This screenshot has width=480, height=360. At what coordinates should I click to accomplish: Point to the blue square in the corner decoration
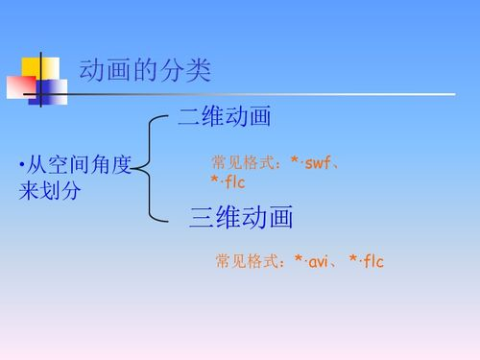(x=53, y=91)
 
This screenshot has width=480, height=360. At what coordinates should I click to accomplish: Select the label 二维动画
(x=224, y=118)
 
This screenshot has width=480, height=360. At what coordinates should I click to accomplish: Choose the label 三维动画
(x=241, y=218)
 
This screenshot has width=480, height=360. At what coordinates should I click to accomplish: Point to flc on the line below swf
(x=231, y=181)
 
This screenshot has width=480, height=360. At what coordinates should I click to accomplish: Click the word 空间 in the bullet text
(x=66, y=166)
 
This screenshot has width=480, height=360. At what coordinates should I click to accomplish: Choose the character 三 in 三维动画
(x=203, y=218)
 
